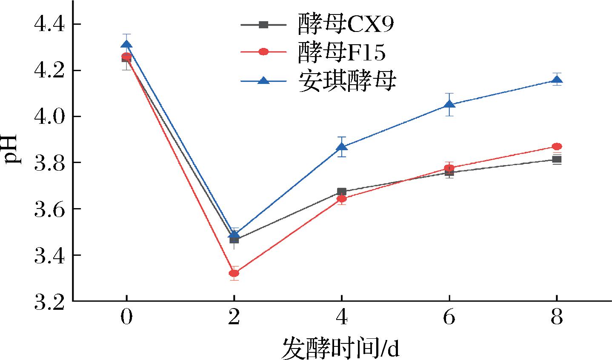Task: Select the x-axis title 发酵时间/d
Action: (340, 349)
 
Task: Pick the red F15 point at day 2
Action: (234, 273)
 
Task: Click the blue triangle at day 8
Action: (557, 80)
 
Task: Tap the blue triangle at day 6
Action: (449, 104)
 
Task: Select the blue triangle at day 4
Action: (341, 147)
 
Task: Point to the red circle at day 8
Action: (557, 146)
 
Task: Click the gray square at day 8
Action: (557, 160)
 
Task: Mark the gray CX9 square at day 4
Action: (341, 192)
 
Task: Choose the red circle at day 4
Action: (341, 198)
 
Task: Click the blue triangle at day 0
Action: (126, 45)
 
